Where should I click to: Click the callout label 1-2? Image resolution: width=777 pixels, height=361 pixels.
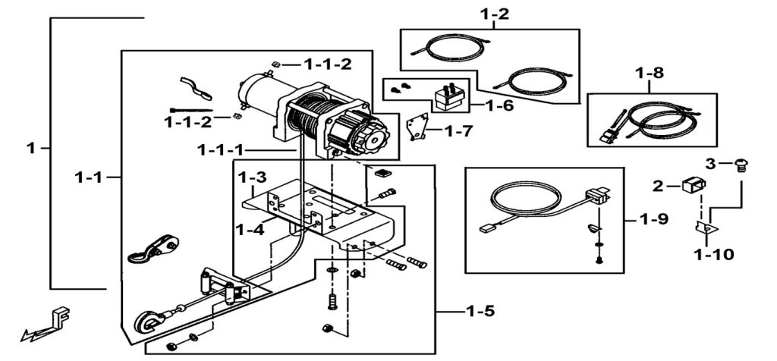494,14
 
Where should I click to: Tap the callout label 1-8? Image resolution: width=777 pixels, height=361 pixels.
650,74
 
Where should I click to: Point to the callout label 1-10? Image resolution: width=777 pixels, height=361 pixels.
713,255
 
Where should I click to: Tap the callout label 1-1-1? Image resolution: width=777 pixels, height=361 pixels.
221,150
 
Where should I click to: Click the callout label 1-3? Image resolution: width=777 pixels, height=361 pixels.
252,178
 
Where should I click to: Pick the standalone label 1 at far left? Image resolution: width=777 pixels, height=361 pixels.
31,149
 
